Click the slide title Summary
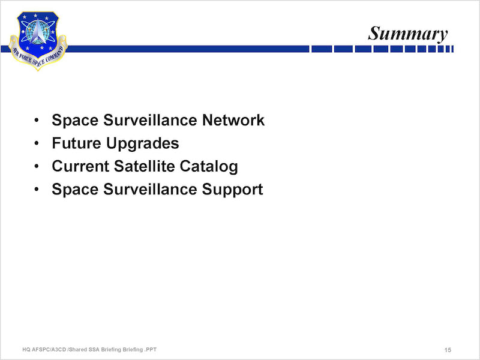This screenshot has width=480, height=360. (408, 34)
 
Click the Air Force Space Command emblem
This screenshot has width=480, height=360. (38, 41)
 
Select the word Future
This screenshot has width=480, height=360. (77, 143)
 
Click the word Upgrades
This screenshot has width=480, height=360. (143, 143)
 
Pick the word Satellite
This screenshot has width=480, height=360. (144, 166)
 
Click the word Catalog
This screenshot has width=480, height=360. (209, 167)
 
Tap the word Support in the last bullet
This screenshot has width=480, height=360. (232, 190)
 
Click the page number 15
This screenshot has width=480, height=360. (448, 350)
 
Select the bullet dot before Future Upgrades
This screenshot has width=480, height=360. (37, 143)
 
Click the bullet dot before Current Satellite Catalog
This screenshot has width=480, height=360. (37, 166)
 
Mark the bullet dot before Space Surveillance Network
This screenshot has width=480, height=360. (37, 120)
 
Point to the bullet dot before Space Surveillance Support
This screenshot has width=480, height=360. (37, 189)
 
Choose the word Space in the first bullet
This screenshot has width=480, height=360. (75, 121)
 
